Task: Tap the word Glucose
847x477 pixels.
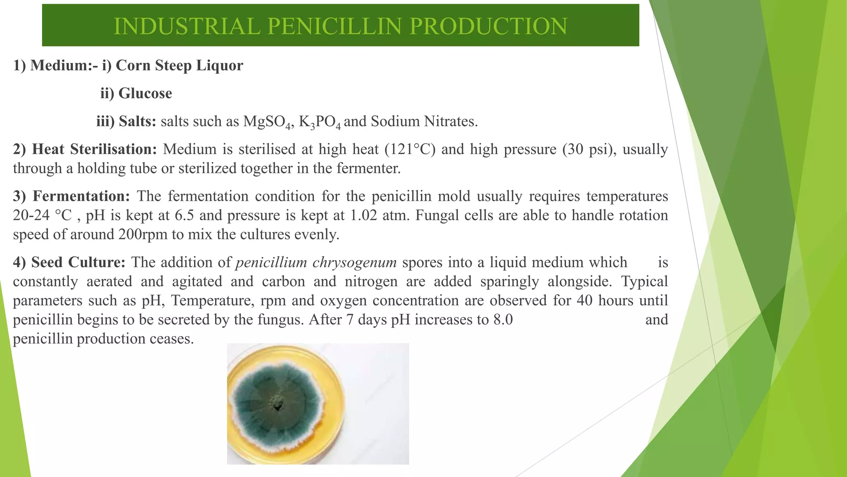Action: [145, 94]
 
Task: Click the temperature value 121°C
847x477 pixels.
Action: [410, 149]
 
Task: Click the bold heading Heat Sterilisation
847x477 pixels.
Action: [94, 149]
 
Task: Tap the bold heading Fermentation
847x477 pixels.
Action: [81, 196]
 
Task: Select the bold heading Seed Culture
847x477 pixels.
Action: [78, 263]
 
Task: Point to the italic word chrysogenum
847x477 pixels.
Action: [354, 263]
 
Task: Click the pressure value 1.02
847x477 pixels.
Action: [364, 215]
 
